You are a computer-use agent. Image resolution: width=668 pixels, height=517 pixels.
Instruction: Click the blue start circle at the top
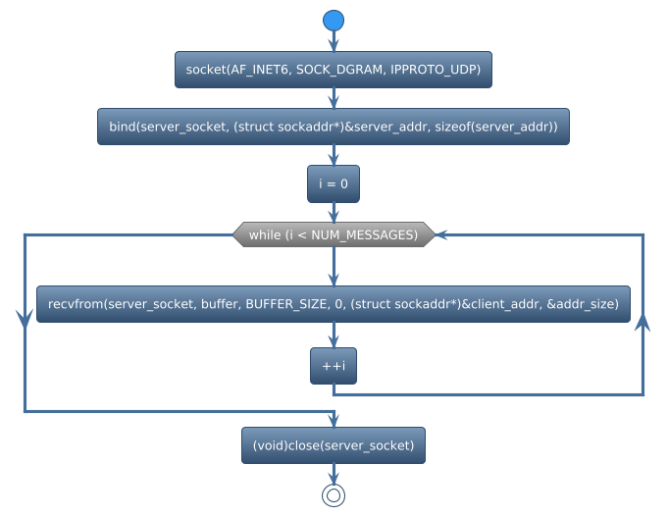coord(334,20)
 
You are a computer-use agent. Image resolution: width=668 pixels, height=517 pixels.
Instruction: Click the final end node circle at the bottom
coord(334,495)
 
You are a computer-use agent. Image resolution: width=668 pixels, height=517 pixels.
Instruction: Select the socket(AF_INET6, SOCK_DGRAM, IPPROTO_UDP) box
coord(334,71)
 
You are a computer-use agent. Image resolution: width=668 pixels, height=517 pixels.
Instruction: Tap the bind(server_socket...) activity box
coord(334,128)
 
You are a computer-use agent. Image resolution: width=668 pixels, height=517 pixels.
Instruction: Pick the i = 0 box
coord(334,183)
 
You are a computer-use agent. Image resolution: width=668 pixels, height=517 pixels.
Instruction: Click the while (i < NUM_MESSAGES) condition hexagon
coord(334,234)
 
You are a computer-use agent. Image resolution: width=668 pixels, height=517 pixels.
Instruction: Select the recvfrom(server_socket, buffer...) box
coord(334,304)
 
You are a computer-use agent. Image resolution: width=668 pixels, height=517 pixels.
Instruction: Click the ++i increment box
coord(334,366)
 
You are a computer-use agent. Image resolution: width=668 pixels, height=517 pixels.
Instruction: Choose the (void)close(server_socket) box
coord(334,445)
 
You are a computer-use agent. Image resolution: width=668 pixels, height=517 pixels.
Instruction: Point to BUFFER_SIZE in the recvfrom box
coord(287,304)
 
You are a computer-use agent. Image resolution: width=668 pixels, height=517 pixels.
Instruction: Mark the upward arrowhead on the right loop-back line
coord(642,326)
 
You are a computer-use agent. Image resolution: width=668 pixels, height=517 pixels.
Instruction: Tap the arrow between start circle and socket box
coord(334,42)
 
